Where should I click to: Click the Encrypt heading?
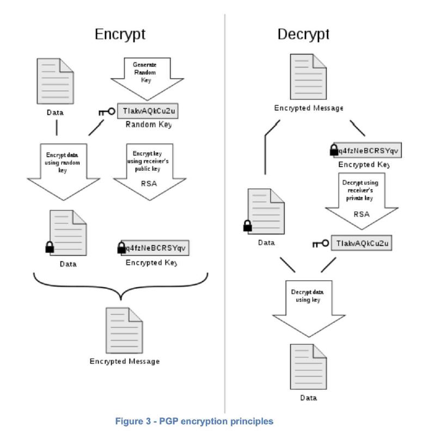(120, 34)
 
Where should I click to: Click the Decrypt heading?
(304, 34)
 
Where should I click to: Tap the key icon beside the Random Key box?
(107, 112)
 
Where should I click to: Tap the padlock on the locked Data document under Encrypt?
(50, 248)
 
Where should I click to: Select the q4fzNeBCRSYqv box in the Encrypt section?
(156, 248)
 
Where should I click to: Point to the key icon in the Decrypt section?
(321, 244)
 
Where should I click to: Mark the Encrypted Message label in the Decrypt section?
(309, 108)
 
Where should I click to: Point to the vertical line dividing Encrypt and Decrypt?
(225, 218)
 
